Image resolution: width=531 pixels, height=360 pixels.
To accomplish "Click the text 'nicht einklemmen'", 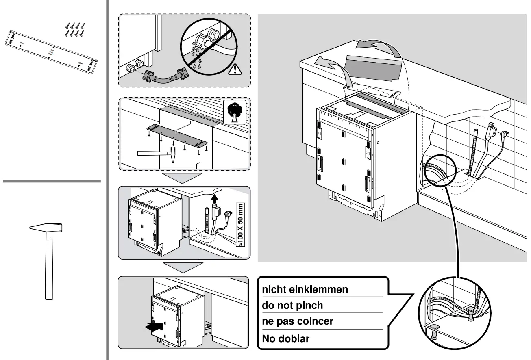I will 305,290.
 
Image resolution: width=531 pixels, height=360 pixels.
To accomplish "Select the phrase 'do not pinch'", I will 292,306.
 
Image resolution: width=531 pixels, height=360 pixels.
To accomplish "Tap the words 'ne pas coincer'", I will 298,321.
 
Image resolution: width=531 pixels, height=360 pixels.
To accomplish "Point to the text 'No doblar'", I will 285,338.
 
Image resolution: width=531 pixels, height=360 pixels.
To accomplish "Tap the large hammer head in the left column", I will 46,228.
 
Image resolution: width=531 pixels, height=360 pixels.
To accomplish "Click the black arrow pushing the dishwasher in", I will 157,326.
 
